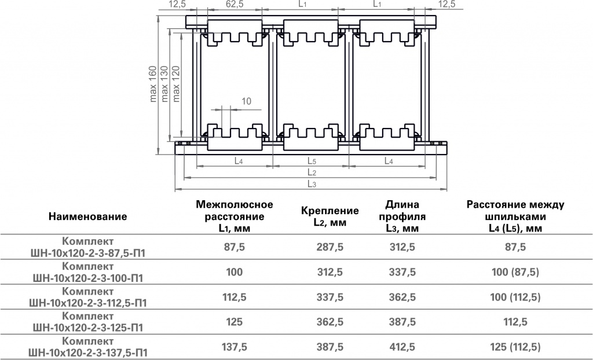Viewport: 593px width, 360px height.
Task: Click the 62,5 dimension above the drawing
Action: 235,4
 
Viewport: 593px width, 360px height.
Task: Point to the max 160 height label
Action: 153,84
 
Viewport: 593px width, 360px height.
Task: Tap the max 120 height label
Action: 176,84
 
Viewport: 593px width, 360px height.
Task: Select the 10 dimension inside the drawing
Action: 246,101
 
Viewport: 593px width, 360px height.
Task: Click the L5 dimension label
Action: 312,161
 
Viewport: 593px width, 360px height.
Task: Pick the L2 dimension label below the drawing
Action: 312,173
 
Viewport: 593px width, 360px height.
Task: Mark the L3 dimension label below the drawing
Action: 312,184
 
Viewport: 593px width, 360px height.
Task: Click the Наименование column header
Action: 88,216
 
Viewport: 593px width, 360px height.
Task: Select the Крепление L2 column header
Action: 330,216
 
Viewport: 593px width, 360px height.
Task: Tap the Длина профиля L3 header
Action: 402,216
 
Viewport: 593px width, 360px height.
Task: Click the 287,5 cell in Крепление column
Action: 330,247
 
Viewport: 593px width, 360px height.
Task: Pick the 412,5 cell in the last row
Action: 402,347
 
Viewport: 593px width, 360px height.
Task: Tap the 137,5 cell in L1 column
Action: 235,347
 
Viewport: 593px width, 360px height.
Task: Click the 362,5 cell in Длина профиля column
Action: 402,297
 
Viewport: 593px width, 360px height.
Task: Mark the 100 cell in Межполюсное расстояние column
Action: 235,272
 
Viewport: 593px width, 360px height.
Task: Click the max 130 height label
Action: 164,84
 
